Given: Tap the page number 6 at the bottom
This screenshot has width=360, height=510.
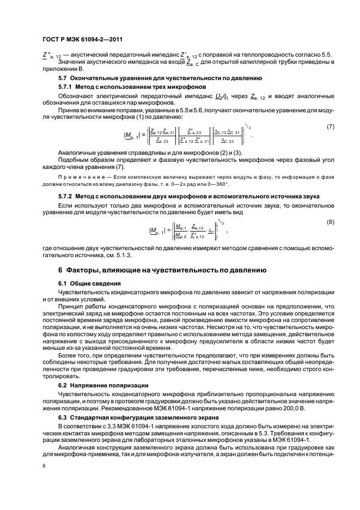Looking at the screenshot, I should tap(44, 466).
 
